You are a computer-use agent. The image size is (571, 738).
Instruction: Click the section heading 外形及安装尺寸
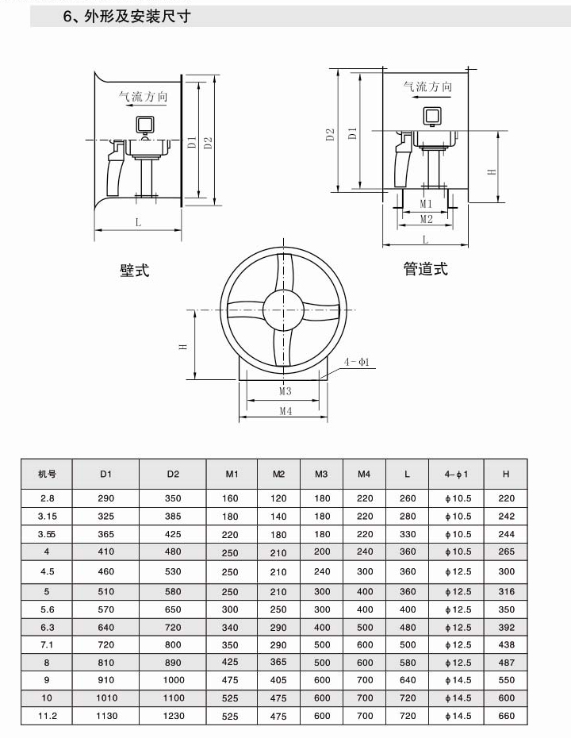(x=137, y=17)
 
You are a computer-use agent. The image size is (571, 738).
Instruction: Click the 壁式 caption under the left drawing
(x=135, y=270)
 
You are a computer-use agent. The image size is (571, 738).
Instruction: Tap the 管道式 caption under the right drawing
(x=426, y=269)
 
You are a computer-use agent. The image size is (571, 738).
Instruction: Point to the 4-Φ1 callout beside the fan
(x=357, y=362)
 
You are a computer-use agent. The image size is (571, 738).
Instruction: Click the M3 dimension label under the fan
(x=285, y=390)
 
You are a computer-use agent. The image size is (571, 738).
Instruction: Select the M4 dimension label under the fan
(x=285, y=411)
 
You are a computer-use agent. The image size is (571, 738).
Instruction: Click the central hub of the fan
(x=284, y=309)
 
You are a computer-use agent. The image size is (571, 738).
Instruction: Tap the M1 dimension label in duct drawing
(x=426, y=204)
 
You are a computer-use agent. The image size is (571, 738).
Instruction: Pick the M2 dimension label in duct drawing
(x=426, y=219)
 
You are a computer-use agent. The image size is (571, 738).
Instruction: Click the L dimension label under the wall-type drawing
(x=138, y=222)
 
